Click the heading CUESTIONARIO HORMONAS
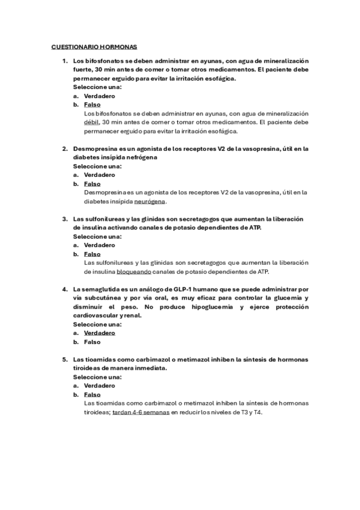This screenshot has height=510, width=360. pos(94,46)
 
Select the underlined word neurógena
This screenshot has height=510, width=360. pos(149,201)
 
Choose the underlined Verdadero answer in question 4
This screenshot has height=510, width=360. pos(100,333)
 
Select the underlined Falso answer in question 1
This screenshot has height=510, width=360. pos(93,104)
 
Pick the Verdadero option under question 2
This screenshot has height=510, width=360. pos(100,174)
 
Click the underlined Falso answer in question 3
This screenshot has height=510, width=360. pos(93,254)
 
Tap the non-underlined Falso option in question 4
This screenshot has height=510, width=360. pos(93,342)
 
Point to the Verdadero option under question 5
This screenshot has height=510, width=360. pos(100,386)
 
